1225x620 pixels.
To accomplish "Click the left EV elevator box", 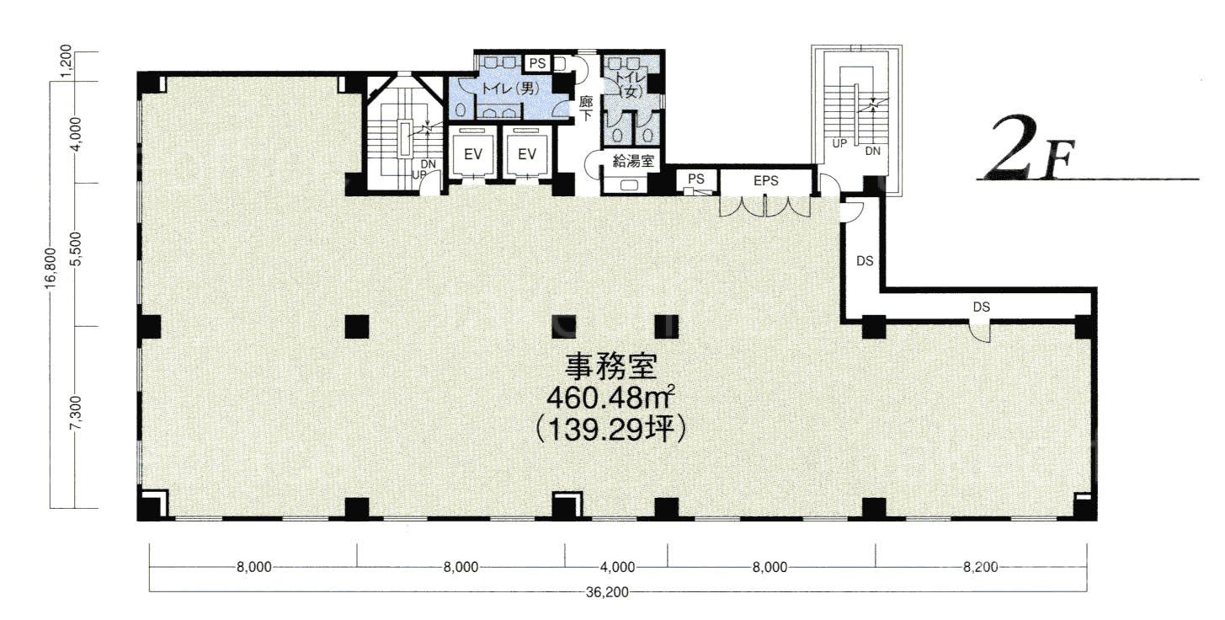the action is tap(472, 154).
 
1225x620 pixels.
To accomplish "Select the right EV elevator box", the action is tap(527, 154).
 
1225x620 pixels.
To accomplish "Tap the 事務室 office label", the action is tap(610, 366).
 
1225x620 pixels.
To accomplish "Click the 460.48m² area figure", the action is tap(610, 398).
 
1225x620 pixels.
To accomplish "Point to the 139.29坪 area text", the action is tap(610, 430).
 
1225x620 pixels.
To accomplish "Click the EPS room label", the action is tap(765, 180).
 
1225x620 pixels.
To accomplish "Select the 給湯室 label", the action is tap(633, 161).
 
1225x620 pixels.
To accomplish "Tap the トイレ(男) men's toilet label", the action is tap(509, 88).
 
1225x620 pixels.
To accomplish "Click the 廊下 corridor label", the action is tap(586, 109).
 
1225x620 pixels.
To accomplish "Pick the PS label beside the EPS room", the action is tap(696, 179).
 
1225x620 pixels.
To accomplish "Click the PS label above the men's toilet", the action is tap(538, 63).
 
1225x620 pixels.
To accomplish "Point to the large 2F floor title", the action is tap(1029, 149).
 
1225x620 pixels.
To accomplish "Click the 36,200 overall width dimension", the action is tap(607, 592).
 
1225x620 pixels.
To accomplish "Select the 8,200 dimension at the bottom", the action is tap(981, 567).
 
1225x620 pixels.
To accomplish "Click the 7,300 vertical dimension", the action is tap(76, 414).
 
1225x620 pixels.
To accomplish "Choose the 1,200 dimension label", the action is tap(66, 61).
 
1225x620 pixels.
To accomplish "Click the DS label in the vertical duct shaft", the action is tap(865, 261).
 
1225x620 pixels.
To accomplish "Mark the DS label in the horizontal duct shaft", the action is tap(982, 307).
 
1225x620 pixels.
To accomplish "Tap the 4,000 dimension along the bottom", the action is tap(617, 567).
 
